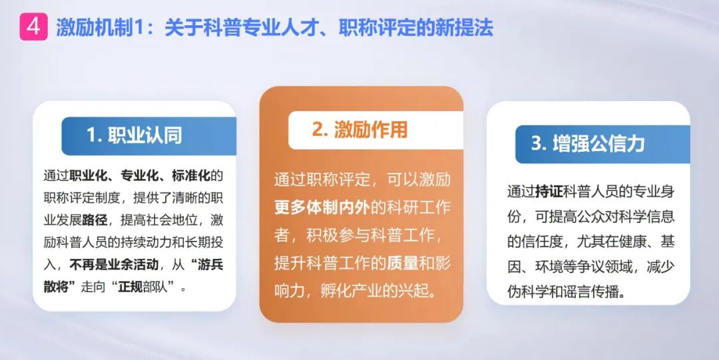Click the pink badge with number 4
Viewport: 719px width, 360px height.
click(33, 27)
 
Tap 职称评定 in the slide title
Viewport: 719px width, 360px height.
click(374, 28)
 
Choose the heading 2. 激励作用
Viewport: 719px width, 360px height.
click(359, 129)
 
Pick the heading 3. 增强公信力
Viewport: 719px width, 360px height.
click(587, 144)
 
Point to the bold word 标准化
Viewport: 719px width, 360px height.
click(191, 176)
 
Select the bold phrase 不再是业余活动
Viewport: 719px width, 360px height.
click(115, 265)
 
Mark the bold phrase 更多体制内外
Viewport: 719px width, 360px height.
click(322, 208)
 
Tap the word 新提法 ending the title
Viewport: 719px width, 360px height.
click(465, 28)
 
